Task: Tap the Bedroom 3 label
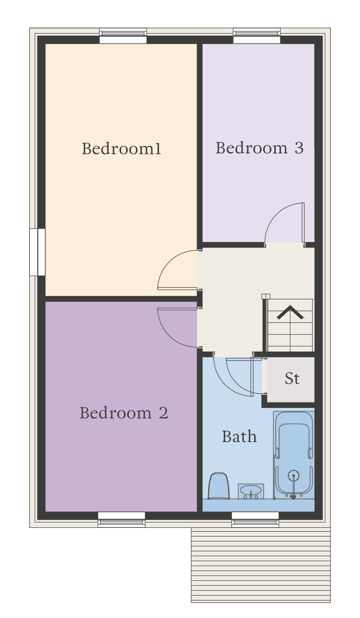[260, 148]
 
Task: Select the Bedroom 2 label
[124, 413]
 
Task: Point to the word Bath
[239, 437]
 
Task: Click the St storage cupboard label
[292, 378]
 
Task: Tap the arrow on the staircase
[291, 313]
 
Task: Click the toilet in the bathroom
[219, 486]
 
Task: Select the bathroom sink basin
[251, 491]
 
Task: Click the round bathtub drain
[293, 475]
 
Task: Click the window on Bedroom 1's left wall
[37, 252]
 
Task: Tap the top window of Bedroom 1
[123, 36]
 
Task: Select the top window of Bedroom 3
[257, 36]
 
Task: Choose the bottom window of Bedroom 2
[121, 519]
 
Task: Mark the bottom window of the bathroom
[255, 519]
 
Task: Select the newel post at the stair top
[266, 297]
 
